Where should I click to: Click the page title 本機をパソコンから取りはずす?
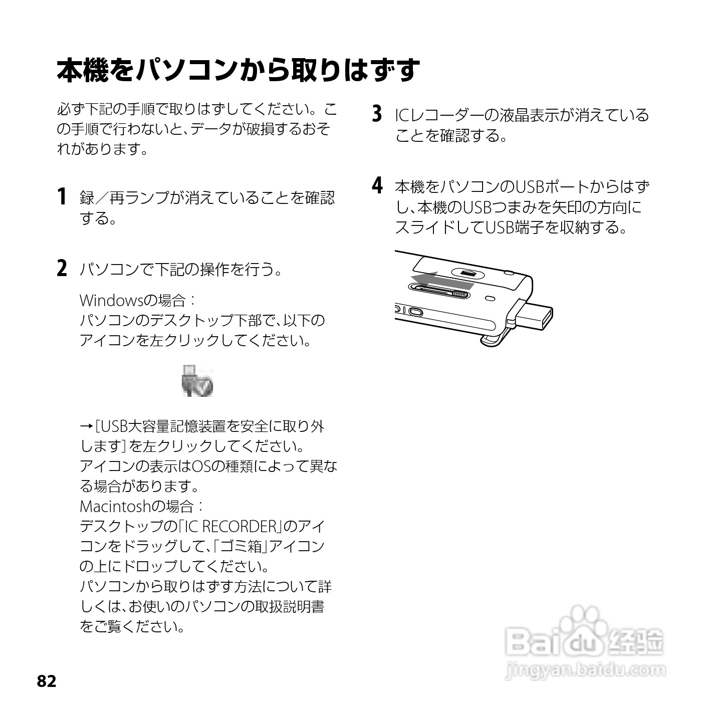pos(238,70)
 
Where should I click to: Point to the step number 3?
pos(377,114)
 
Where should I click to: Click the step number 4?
pos(377,186)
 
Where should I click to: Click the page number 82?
pos(47,681)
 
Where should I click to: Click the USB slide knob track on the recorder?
pos(440,291)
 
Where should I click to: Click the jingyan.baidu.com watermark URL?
pos(586,670)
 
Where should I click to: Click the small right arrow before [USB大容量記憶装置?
pos(85,426)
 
